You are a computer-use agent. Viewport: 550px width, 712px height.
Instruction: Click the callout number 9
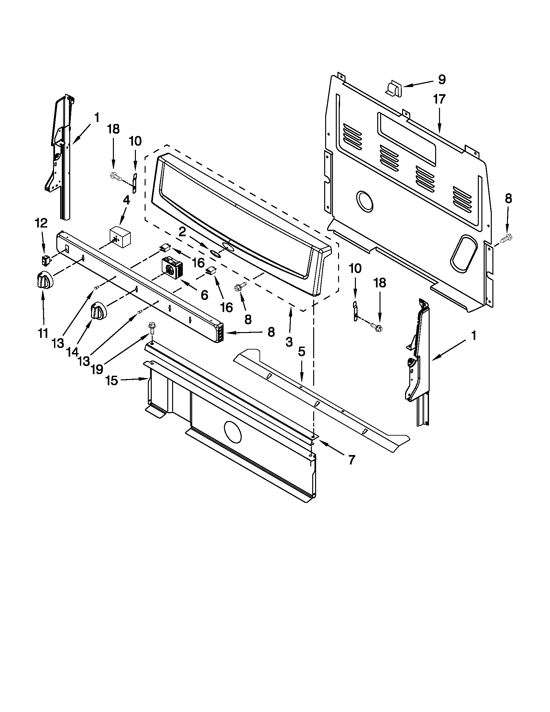[442, 79]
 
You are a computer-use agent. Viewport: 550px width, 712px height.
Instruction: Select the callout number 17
[439, 99]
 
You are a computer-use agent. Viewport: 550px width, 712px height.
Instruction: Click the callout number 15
[111, 381]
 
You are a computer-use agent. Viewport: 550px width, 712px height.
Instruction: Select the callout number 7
[351, 460]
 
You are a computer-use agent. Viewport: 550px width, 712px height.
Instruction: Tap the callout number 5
[302, 352]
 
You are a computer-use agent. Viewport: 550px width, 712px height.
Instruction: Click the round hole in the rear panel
[365, 201]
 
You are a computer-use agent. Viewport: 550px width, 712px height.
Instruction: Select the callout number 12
[41, 223]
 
